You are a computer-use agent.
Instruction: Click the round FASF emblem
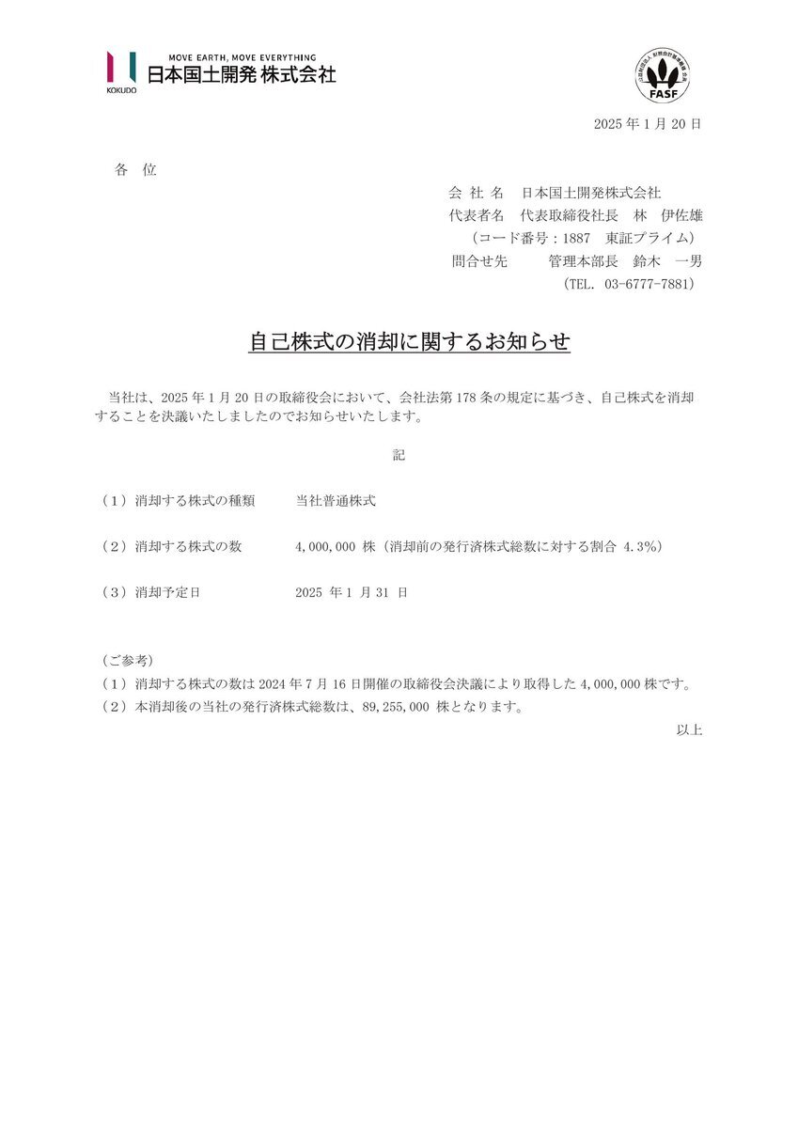point(663,76)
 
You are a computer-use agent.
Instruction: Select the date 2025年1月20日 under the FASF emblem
point(648,124)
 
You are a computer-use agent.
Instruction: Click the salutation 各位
point(135,170)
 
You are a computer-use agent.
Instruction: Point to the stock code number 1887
point(572,238)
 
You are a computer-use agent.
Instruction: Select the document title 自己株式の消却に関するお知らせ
point(409,342)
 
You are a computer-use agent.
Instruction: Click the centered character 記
point(399,455)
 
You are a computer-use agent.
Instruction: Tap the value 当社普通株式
point(336,501)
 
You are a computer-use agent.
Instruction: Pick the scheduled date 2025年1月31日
point(351,592)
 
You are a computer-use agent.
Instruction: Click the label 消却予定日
point(168,592)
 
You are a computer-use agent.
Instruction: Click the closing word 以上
point(689,729)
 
